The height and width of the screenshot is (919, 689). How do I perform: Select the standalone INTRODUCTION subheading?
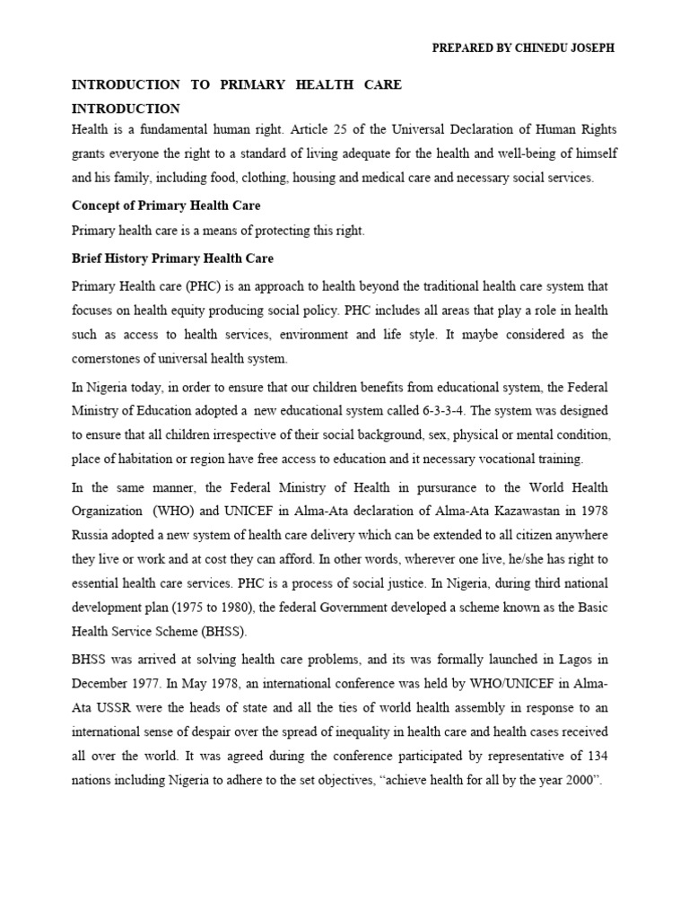[x=126, y=109]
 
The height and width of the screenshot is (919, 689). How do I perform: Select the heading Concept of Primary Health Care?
[x=166, y=206]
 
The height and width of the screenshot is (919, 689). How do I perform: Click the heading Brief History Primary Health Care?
[x=172, y=258]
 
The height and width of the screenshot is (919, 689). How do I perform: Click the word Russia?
[x=90, y=534]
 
